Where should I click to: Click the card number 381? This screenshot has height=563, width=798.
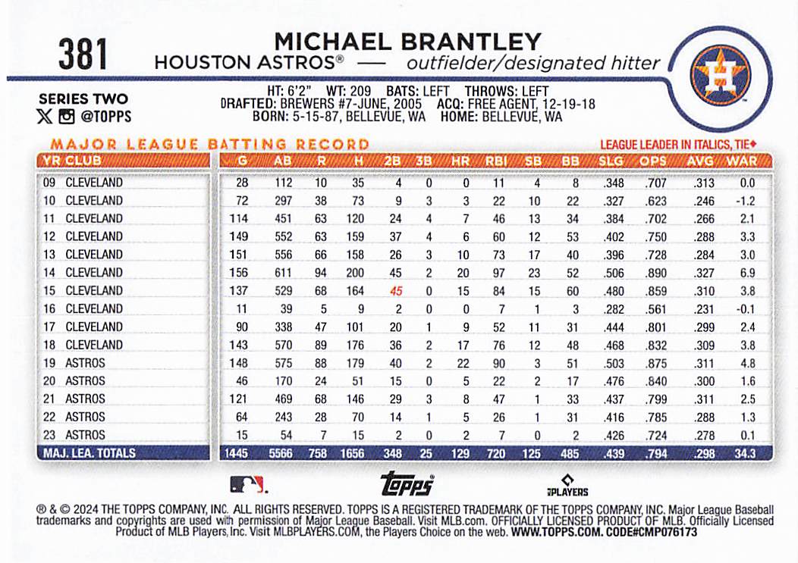(83, 55)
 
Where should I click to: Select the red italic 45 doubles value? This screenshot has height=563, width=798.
(394, 290)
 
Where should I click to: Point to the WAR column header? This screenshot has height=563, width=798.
(741, 161)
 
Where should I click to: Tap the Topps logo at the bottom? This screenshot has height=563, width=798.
(407, 483)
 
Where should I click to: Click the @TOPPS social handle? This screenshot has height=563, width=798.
(105, 117)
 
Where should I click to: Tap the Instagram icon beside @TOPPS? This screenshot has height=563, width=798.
(67, 117)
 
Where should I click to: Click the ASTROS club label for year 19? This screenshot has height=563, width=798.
(85, 363)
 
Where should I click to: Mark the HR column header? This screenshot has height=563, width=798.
(460, 161)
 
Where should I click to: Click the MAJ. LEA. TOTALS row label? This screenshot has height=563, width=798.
(90, 453)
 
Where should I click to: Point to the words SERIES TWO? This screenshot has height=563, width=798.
(83, 99)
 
